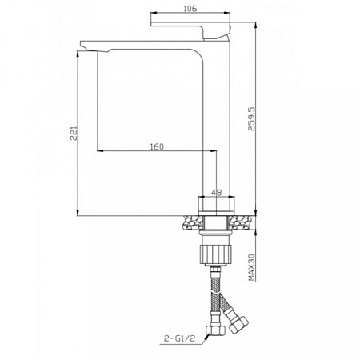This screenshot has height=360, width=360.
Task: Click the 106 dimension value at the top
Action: coord(190,8)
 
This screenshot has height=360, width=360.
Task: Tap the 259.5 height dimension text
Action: coord(251,119)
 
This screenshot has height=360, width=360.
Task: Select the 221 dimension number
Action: coord(74,134)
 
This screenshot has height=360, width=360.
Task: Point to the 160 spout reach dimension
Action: coord(157,146)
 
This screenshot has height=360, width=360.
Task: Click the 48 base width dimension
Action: coord(217,192)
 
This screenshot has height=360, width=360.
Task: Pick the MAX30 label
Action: coord(252,267)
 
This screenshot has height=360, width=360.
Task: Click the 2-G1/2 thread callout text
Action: coord(180,338)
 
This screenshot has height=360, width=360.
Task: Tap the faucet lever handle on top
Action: coord(190,30)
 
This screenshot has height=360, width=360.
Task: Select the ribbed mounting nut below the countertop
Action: coord(216,254)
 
